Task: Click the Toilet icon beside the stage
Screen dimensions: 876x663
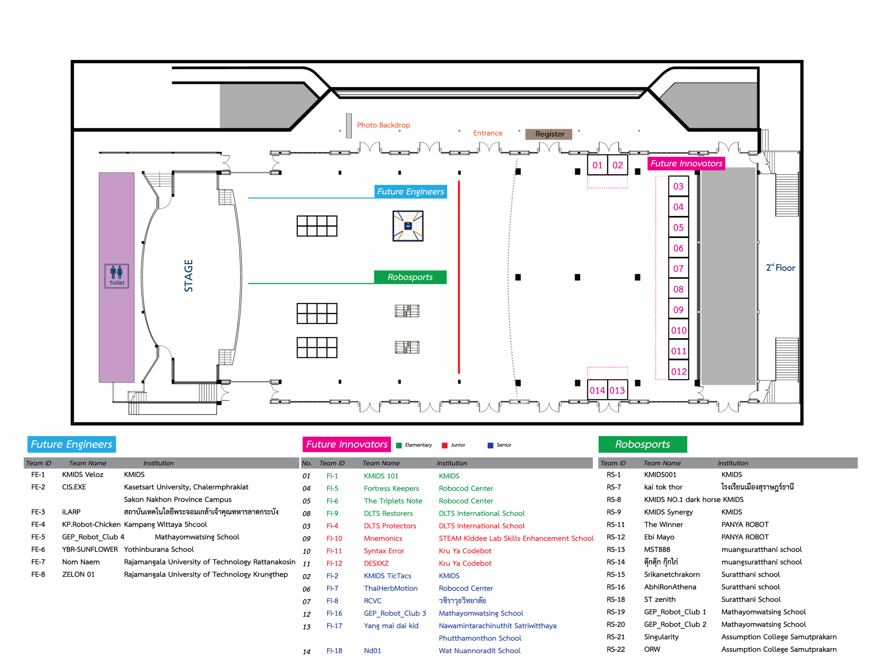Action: [x=116, y=276]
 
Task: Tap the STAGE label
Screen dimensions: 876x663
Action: [x=189, y=276]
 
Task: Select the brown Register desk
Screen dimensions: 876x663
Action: [x=549, y=134]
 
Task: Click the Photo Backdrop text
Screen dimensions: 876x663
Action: [x=383, y=125]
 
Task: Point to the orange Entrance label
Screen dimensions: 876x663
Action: [x=488, y=133]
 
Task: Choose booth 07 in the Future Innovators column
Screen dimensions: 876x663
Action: [x=678, y=269]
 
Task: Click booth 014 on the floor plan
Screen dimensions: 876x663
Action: [x=597, y=390]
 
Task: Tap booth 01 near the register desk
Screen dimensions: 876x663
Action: [x=597, y=165]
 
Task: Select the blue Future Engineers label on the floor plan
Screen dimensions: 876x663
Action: [x=411, y=192]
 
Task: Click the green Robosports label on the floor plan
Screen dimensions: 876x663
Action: [x=410, y=277]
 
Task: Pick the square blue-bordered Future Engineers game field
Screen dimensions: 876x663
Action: [x=408, y=226]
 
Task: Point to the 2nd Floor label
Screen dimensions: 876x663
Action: [x=780, y=268]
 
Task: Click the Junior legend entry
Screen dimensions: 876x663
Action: [x=453, y=445]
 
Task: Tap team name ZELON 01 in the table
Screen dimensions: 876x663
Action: [x=78, y=574]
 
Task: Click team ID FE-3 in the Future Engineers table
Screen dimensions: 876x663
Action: [x=38, y=512]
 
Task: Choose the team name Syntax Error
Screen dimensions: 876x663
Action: [x=384, y=551]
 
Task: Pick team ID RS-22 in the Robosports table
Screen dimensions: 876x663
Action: [x=616, y=649]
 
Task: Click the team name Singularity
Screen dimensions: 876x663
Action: [x=661, y=637]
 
